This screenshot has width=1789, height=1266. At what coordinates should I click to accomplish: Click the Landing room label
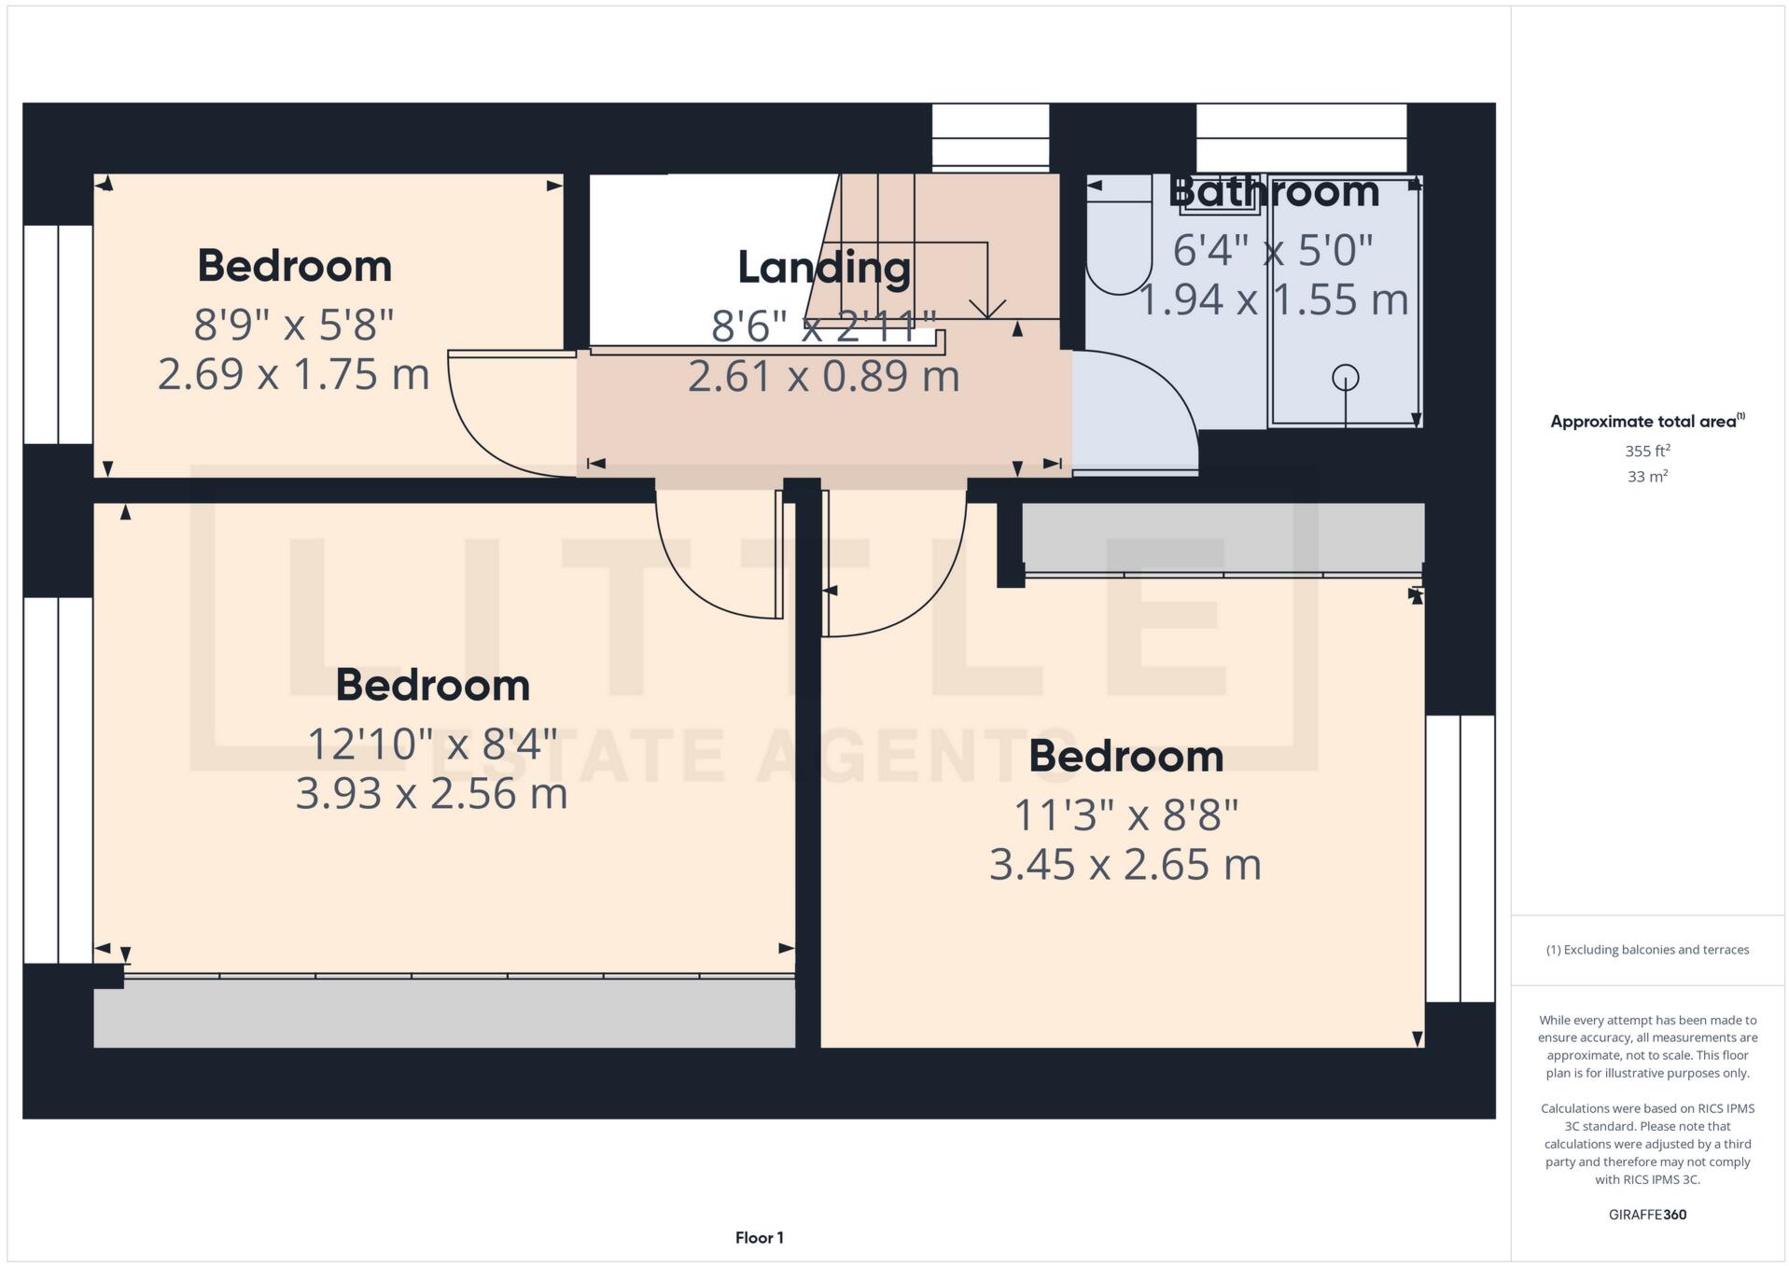tap(824, 268)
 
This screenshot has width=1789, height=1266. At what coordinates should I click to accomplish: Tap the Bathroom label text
tap(1273, 192)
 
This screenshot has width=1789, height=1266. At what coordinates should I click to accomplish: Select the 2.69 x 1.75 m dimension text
tap(293, 374)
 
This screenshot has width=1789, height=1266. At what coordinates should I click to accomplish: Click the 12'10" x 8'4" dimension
tap(432, 744)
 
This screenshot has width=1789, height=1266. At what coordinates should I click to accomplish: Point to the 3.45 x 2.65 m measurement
tap(1125, 864)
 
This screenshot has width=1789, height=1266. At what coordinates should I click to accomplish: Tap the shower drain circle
tap(1345, 378)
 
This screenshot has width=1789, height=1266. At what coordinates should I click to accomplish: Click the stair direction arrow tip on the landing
tap(987, 315)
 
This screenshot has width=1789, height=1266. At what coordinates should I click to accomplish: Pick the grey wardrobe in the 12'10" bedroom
tap(444, 1013)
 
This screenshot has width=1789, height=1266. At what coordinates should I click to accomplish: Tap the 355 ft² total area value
tap(1647, 451)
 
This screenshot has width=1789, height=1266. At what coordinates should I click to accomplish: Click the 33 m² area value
tap(1647, 477)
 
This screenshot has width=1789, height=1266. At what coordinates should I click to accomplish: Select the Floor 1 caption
tap(759, 1238)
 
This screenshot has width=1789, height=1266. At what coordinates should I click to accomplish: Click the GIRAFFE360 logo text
tap(1647, 1215)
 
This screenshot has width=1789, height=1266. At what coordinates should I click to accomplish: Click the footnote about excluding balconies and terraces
tap(1647, 950)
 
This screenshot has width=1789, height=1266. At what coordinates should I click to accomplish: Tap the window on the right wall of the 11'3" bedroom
tap(1460, 858)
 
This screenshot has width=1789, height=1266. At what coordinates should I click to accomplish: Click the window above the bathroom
tap(1301, 138)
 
